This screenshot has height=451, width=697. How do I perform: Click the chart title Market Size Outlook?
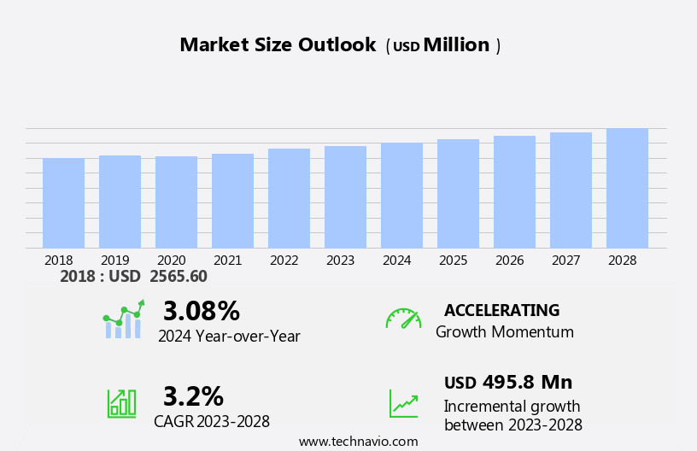278,45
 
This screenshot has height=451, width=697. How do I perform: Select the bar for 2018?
63,203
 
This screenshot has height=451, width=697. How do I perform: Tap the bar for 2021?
232,201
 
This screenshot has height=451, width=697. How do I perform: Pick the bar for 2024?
401,196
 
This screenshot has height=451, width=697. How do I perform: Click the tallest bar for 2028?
627,188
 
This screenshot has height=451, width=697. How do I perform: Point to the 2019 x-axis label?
115,261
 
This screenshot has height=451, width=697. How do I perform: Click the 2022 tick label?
284,261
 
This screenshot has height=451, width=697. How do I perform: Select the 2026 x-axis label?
510,261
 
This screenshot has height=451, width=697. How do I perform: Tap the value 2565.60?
178,277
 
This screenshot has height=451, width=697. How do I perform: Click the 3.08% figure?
202,312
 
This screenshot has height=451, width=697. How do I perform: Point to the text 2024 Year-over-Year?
229,337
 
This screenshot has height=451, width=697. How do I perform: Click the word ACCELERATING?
501,311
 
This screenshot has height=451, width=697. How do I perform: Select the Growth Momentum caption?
504,332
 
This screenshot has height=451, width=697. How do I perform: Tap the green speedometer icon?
403,319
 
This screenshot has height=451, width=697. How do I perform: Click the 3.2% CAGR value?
193,396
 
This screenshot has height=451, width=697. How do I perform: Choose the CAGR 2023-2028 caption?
212,421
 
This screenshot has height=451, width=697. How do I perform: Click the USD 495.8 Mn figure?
508,383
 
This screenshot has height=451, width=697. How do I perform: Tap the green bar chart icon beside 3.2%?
121,402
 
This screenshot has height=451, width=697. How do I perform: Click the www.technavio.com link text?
358,442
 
